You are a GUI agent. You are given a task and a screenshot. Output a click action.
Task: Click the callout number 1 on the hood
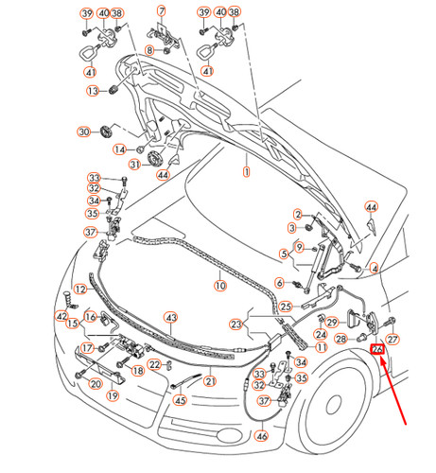tap(246, 172)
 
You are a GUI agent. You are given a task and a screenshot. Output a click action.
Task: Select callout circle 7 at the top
tap(161, 11)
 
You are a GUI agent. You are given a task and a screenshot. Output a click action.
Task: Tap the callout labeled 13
tap(94, 91)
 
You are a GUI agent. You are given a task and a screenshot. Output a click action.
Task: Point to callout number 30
tap(83, 131)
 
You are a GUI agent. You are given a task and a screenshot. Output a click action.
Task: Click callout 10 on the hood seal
tap(218, 285)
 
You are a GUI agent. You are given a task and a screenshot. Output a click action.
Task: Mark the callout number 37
tap(91, 233)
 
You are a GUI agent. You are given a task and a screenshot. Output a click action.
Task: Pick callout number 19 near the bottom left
tap(113, 395)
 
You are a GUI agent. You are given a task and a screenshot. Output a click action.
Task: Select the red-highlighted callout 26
tap(378, 351)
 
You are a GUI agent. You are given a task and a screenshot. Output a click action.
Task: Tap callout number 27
tap(394, 338)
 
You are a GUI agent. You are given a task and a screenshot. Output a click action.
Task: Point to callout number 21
tap(210, 381)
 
